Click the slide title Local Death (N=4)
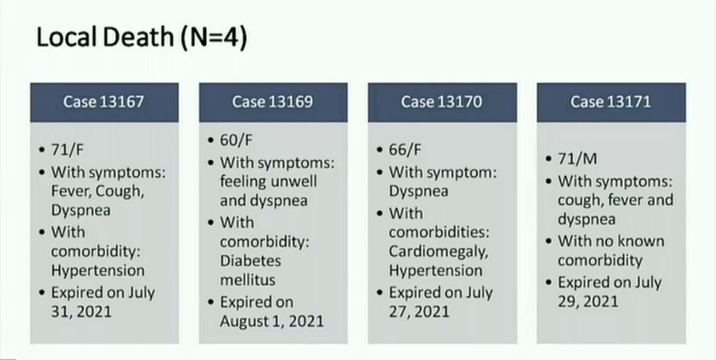point(142,38)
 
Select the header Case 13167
point(103,102)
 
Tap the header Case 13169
point(273,102)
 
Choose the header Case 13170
point(442,102)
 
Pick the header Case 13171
point(610,102)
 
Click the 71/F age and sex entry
point(67,150)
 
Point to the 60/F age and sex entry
point(236,140)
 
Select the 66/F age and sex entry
point(405,150)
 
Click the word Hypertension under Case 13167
point(97,271)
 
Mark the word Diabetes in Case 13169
point(250,261)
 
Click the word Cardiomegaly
point(438,252)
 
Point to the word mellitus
point(247,280)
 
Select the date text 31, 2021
point(82,311)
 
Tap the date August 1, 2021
point(272,321)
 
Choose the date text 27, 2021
point(419,311)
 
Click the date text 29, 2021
point(588,302)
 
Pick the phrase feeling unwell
point(268,182)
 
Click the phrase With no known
point(611,241)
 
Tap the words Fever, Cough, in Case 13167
point(97,192)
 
